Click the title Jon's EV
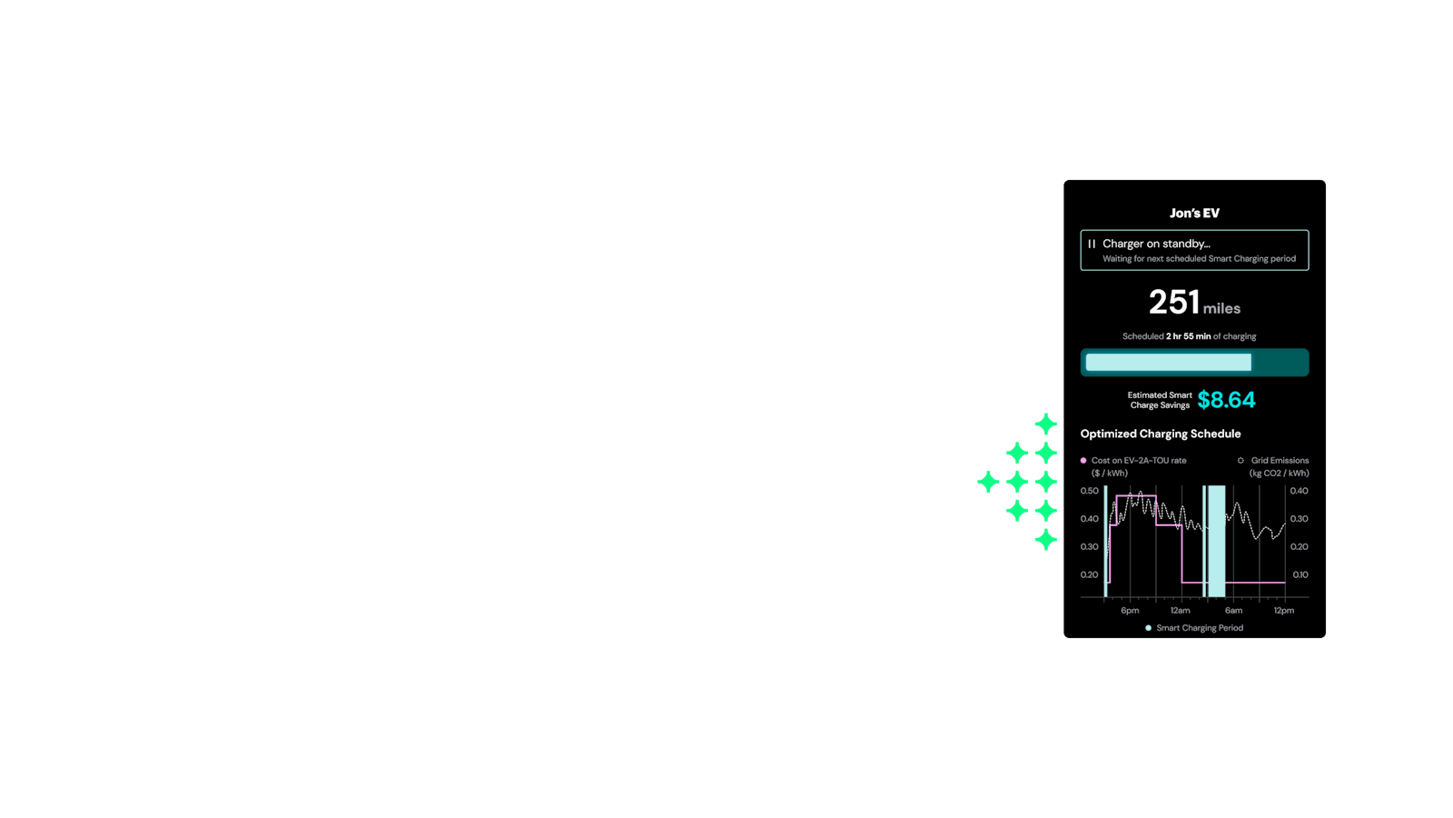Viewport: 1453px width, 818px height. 1194,213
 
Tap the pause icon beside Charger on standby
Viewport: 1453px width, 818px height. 1092,244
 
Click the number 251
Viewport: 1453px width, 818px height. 1173,303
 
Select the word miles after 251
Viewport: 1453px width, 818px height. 1221,308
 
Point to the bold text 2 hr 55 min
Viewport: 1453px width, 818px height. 1189,336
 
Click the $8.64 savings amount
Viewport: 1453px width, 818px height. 1226,400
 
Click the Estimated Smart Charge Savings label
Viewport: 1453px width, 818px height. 1160,400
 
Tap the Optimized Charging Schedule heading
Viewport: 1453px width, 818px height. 1161,434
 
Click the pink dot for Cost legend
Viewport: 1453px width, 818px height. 1083,460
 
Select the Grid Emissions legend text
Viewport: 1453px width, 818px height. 1280,460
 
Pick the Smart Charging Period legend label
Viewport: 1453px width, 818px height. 1200,628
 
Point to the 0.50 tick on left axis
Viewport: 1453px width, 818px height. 1090,491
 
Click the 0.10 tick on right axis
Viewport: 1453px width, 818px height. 1300,574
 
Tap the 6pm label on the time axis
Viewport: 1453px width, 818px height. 1130,610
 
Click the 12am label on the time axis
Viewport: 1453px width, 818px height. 1181,610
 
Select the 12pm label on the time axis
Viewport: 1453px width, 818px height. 1284,610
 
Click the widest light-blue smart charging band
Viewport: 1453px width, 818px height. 1216,541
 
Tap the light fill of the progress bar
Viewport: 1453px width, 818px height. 1168,363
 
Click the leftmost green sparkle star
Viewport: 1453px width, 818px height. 988,482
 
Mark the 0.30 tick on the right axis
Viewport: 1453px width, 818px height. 1300,519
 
